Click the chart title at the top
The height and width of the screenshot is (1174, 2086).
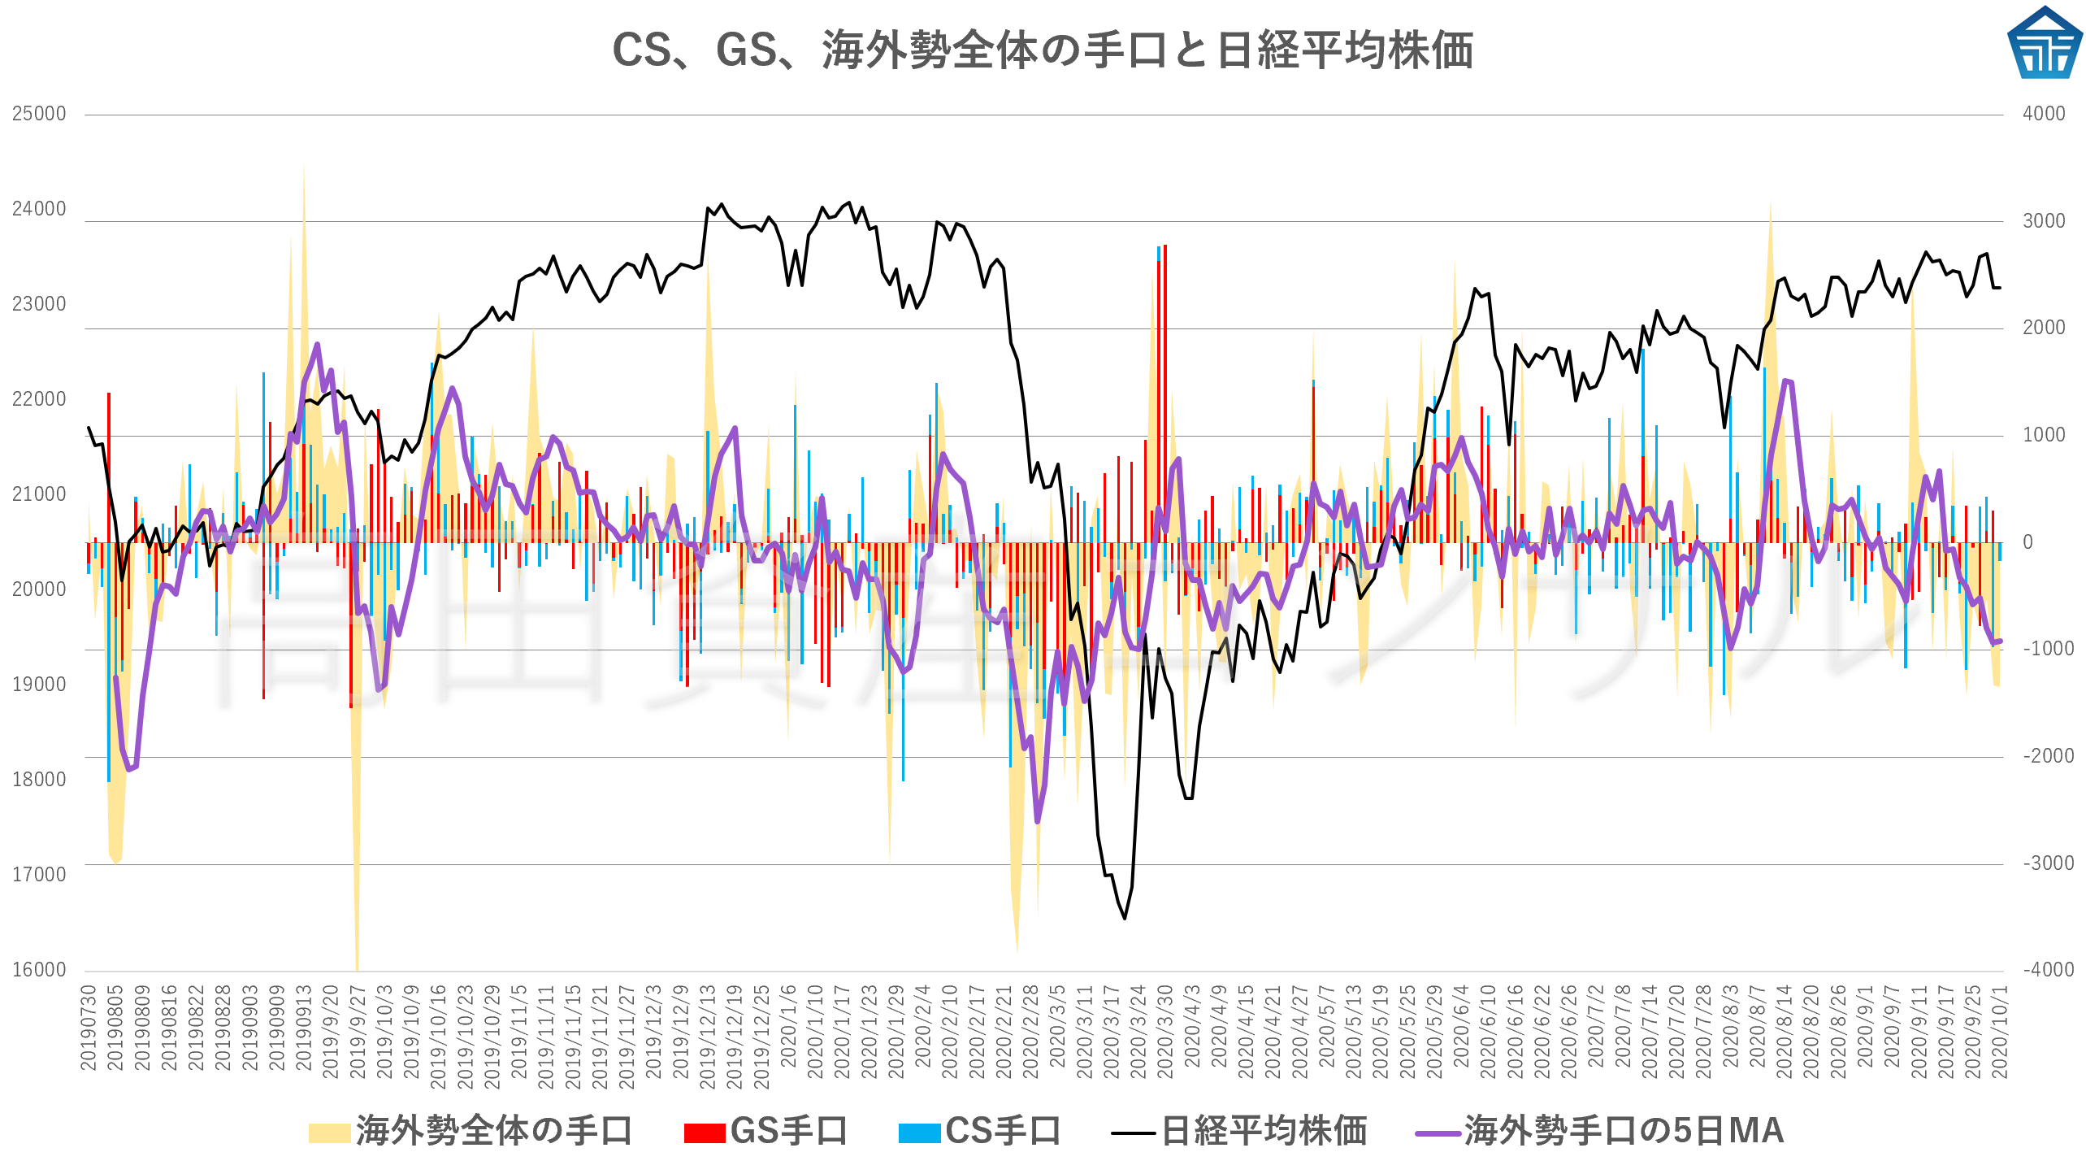pyautogui.click(x=1043, y=50)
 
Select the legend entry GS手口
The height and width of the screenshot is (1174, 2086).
pyautogui.click(x=765, y=1131)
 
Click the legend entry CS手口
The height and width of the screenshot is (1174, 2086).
pyautogui.click(x=980, y=1131)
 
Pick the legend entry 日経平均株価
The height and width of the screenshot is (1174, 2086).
pyautogui.click(x=1239, y=1131)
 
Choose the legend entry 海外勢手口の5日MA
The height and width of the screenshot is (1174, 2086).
pyautogui.click(x=1599, y=1131)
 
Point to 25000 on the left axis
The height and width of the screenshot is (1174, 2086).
pyautogui.click(x=39, y=114)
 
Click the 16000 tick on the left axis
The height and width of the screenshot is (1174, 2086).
pyautogui.click(x=39, y=970)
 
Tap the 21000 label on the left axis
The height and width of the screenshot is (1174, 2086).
pyautogui.click(x=39, y=494)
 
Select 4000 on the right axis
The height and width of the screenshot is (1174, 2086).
pyautogui.click(x=2044, y=114)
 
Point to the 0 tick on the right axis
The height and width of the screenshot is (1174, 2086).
pyautogui.click(x=2027, y=542)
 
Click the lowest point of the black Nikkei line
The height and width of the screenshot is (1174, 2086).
pyautogui.click(x=1125, y=919)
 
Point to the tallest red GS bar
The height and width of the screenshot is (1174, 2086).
pyautogui.click(x=1165, y=246)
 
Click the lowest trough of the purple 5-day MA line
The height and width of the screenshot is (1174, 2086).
pyautogui.click(x=1037, y=821)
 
